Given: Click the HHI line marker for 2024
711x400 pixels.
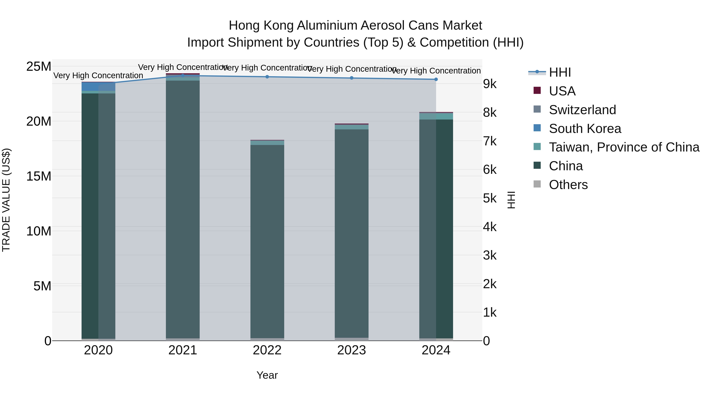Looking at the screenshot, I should click(436, 79).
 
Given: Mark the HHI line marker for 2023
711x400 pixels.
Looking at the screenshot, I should click(351, 78).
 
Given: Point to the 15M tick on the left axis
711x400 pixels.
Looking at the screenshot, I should click(39, 176).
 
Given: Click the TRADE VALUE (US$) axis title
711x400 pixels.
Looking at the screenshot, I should click(6, 200).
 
